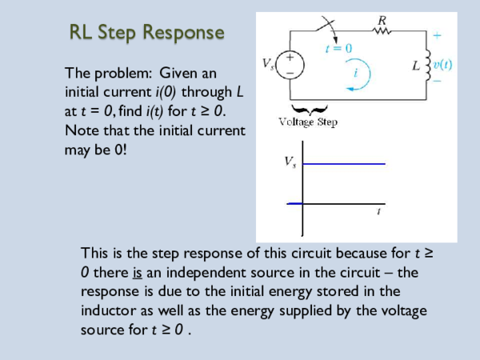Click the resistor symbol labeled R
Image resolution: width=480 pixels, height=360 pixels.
tap(380, 30)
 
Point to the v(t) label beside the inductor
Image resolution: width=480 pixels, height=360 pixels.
tap(442, 64)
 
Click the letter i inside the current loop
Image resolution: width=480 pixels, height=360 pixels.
tap(356, 71)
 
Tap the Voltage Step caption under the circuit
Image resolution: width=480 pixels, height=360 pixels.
tap(308, 122)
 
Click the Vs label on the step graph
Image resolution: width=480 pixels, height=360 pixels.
tap(290, 162)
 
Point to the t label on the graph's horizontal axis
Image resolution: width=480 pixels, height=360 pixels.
tap(378, 212)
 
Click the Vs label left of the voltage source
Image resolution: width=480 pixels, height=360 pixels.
tap(268, 62)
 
